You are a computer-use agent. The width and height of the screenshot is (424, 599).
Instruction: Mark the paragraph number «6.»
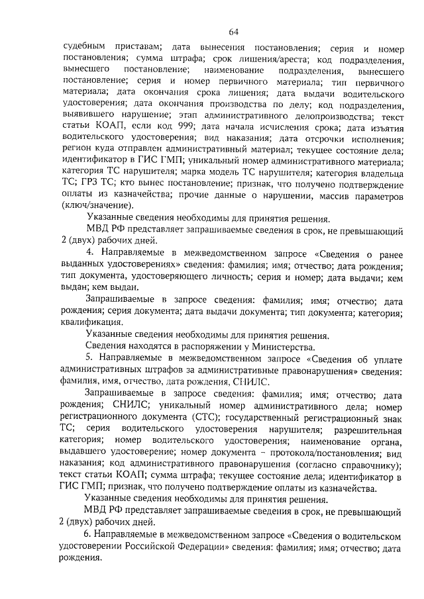pyautogui.click(x=88, y=533)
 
